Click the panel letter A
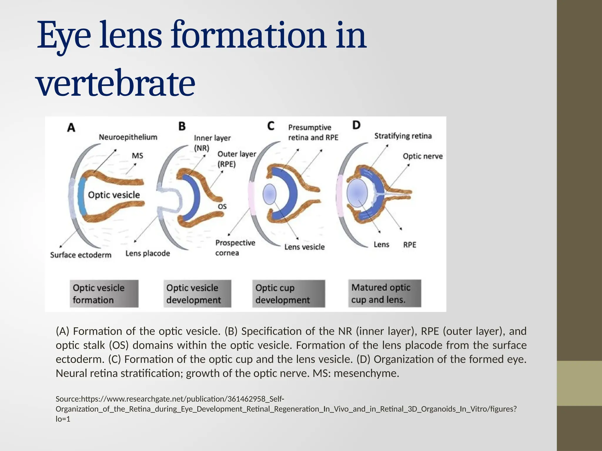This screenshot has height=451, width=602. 71,128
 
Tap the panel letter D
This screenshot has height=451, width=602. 356,125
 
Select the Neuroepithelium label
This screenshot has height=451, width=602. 128,137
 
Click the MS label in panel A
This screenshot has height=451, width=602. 137,155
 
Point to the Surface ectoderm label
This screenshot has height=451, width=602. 81,255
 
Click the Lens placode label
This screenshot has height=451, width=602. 148,253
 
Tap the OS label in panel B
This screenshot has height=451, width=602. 222,207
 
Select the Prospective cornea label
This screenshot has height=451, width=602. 235,248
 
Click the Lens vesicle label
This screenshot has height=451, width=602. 304,247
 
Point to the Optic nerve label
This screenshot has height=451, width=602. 422,156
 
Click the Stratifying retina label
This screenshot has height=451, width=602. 403,136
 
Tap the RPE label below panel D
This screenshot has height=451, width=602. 409,245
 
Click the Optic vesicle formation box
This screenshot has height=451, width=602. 104,294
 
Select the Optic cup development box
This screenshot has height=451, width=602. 288,294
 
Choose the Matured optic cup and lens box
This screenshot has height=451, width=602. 384,293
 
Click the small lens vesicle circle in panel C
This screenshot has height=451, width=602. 269,194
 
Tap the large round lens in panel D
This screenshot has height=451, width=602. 357,193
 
